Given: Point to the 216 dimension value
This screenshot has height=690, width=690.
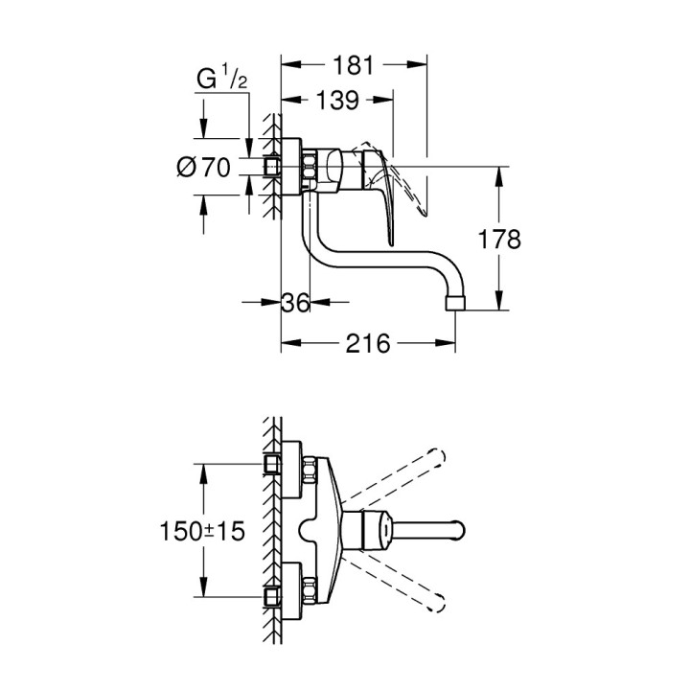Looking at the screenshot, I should click(x=368, y=343).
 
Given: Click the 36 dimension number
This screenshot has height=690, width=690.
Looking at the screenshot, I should click(x=297, y=303).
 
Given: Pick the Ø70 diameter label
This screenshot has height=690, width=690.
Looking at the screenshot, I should click(x=204, y=168).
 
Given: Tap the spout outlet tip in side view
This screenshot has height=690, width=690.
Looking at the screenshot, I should click(x=455, y=303).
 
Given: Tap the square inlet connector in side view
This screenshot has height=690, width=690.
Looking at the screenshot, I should click(x=274, y=168).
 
